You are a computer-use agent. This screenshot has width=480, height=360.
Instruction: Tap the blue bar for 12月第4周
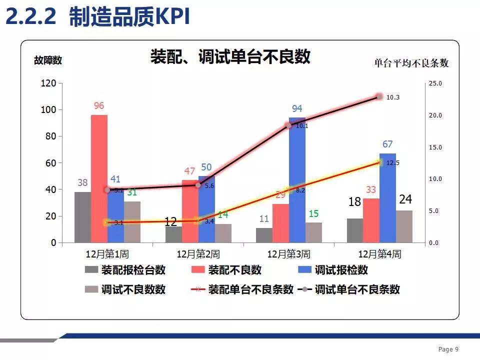click(x=387, y=198)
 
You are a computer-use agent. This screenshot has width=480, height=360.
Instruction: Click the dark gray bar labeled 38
click(x=82, y=217)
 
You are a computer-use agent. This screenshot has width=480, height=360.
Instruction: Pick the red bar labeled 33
click(x=371, y=220)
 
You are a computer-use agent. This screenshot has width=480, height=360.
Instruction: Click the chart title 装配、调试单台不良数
click(x=230, y=56)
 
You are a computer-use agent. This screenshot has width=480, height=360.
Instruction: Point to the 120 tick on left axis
click(x=48, y=83)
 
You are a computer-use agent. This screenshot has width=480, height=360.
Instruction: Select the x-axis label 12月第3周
click(x=288, y=254)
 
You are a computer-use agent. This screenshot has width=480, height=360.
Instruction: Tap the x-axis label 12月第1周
click(x=107, y=254)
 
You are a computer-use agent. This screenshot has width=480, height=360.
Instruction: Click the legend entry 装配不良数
click(x=234, y=270)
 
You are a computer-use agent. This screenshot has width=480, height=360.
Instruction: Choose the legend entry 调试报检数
click(x=341, y=270)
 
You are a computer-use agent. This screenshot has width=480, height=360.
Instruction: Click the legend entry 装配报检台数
click(x=133, y=270)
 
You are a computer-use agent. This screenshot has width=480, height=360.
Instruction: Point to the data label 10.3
click(x=393, y=97)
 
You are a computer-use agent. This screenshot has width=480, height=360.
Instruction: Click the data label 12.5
click(x=393, y=163)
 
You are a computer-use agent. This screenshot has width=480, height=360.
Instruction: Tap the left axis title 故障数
click(x=48, y=60)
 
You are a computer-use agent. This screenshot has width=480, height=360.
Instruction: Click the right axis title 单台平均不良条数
click(x=411, y=63)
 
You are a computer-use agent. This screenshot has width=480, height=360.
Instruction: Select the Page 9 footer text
click(x=448, y=349)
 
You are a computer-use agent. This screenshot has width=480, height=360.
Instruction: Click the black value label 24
click(x=405, y=200)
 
